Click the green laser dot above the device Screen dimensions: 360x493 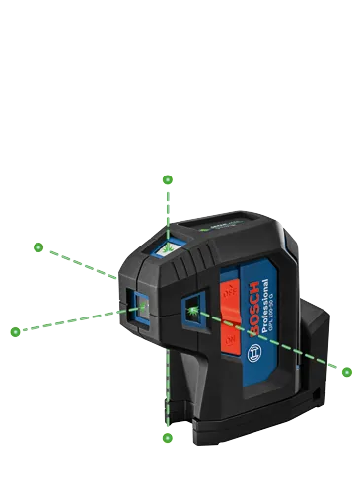(168, 180)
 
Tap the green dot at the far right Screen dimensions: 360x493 (347, 371)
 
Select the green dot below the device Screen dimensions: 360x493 (168, 436)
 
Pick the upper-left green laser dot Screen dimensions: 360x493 (38, 246)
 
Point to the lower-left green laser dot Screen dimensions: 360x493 (16, 331)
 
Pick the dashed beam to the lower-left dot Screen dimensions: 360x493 (69, 321)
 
